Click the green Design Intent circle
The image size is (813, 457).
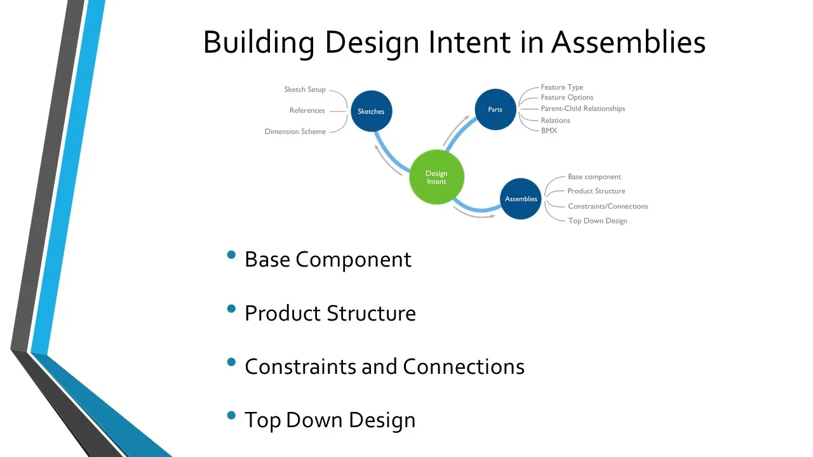point(436,177)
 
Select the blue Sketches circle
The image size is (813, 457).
point(372,111)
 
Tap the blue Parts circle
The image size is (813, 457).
point(495,109)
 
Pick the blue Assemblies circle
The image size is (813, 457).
point(521,199)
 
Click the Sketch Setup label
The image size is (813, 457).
point(305,89)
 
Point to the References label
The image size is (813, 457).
point(307,110)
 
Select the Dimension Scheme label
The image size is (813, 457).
point(295,131)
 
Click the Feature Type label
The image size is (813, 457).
point(562,87)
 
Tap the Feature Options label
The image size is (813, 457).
point(567,97)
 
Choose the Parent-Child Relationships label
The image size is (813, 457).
point(583,109)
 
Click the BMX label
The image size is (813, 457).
point(549,131)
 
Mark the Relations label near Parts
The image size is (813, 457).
point(555,121)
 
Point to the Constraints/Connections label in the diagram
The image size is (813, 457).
point(608,206)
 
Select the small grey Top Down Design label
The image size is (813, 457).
point(598,221)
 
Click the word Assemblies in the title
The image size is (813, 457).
point(628,42)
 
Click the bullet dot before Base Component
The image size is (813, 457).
point(231,255)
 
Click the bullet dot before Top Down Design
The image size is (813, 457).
point(231,415)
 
